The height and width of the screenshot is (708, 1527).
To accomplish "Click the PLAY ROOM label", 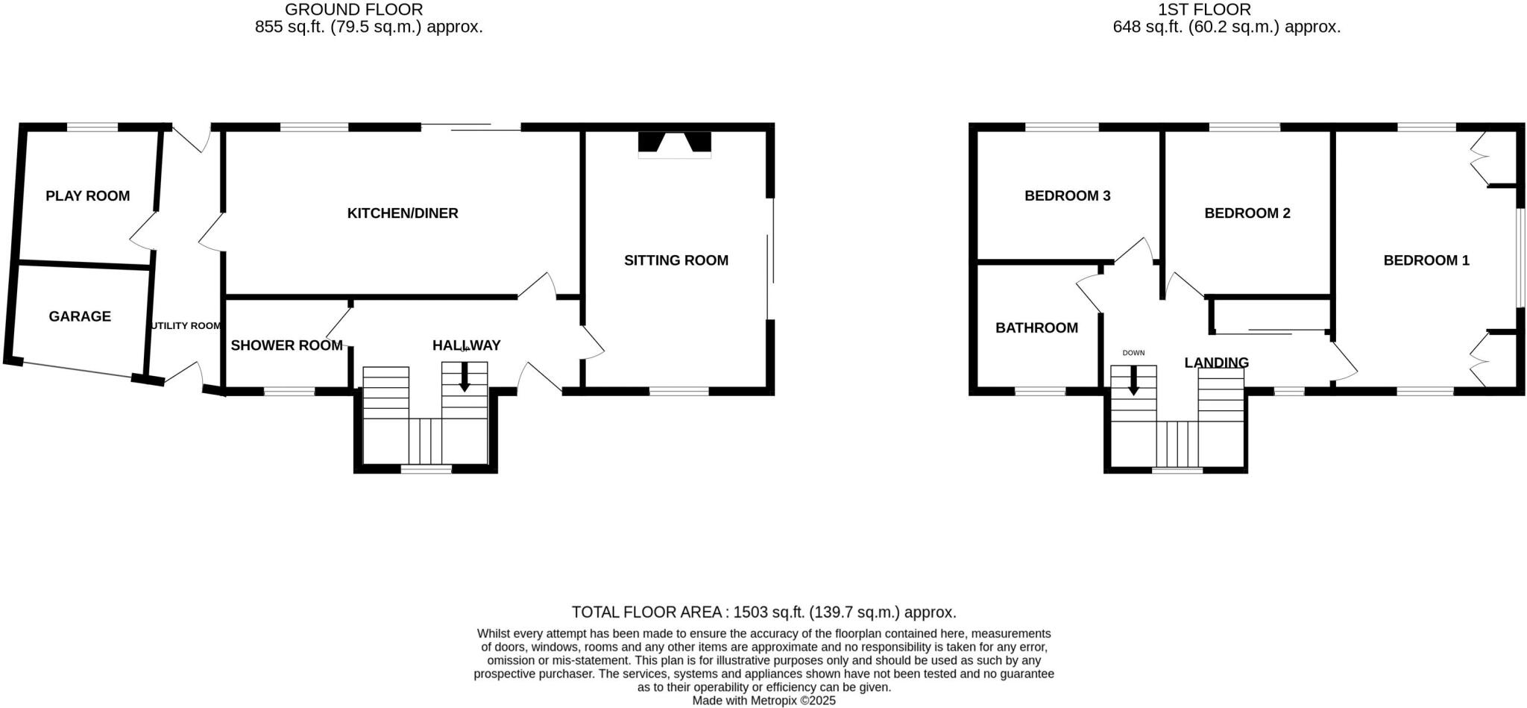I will pos(87,195).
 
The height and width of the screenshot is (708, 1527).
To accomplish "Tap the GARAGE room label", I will pos(80,316).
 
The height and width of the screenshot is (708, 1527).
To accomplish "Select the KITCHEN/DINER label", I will pos(403,213).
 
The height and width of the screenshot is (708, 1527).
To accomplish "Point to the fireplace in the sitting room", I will pos(674,144).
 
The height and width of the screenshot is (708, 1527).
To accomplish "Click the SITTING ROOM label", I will pos(676,260).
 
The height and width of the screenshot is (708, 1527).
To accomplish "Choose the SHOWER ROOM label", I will pos(286,345).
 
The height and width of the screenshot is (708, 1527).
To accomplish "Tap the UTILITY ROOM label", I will pos(186,326).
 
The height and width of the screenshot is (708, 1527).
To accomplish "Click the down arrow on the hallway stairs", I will pos(465,378).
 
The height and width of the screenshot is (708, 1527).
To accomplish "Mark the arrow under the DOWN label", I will pos(1133,380).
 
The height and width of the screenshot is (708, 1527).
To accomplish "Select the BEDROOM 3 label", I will pos(1067,196).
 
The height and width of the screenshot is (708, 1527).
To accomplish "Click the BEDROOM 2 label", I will pos(1247,213).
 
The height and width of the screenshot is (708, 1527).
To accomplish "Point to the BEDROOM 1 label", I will pos(1426,260).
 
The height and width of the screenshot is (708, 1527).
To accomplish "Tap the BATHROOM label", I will pos(1036,328).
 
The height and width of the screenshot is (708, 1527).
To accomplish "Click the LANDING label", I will pos(1216,363).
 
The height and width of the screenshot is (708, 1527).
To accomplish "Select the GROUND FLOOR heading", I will pos(353,10).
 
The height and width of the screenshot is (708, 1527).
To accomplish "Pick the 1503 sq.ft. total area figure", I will pos(769,613).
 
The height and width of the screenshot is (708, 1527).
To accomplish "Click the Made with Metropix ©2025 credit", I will pos(763,701).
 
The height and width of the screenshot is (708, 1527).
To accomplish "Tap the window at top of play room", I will pos(92,128).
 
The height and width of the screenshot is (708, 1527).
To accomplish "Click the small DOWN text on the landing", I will pos(1133,353).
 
